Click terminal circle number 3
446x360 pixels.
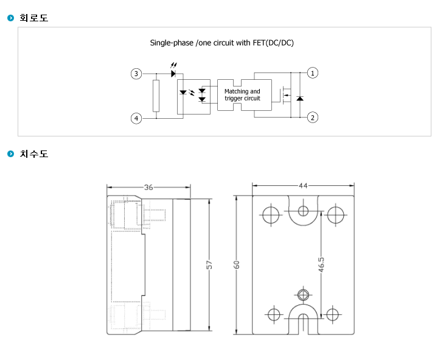(136, 74)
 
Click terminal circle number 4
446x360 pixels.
(136, 118)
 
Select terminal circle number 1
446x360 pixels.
(313, 73)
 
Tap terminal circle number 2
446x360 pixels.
(313, 118)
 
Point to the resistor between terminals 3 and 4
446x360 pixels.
(156, 96)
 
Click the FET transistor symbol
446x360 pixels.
(285, 95)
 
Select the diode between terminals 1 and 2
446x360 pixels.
(300, 99)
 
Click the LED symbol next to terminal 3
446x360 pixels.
(173, 74)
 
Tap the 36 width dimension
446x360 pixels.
(148, 187)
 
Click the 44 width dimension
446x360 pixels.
(303, 186)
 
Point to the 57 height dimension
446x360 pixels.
(209, 264)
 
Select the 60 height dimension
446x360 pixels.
(236, 264)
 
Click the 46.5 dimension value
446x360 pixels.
(321, 264)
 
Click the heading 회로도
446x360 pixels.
(34, 18)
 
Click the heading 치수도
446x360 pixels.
(34, 154)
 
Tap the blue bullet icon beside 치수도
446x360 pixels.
(10, 154)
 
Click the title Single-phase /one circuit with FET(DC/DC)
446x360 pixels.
(222, 43)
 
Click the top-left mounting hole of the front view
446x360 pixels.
(271, 215)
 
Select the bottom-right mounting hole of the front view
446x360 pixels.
(332, 315)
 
